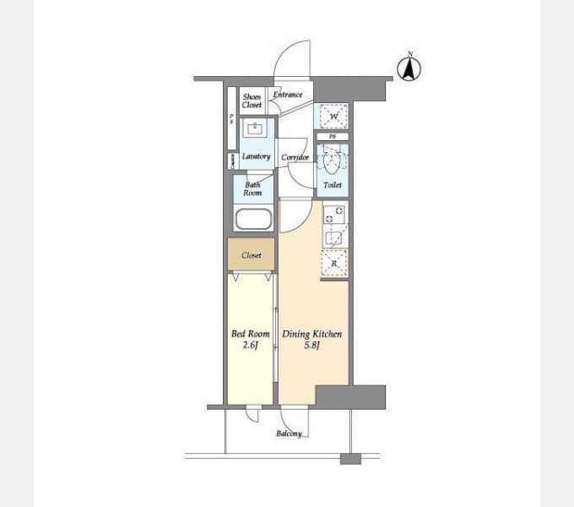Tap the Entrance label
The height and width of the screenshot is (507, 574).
click(288, 95)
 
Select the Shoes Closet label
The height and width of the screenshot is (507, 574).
click(252, 101)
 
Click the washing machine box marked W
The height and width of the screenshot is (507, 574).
click(333, 116)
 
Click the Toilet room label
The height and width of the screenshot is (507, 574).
click(333, 185)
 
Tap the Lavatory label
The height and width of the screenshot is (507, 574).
click(256, 157)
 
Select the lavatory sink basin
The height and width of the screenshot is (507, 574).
click(254, 130)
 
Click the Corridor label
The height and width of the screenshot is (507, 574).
click(295, 157)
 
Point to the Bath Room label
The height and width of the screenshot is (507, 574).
click(253, 188)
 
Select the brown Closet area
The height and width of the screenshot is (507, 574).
click(251, 255)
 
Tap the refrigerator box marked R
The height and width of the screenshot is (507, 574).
click(334, 264)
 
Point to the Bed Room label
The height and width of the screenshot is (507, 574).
click(251, 335)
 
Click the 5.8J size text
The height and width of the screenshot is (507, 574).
click(311, 345)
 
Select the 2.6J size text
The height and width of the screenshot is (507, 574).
click(251, 345)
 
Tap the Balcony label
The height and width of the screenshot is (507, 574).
click(289, 433)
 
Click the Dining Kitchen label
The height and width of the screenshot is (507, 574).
click(311, 335)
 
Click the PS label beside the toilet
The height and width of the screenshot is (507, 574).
click(333, 136)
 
